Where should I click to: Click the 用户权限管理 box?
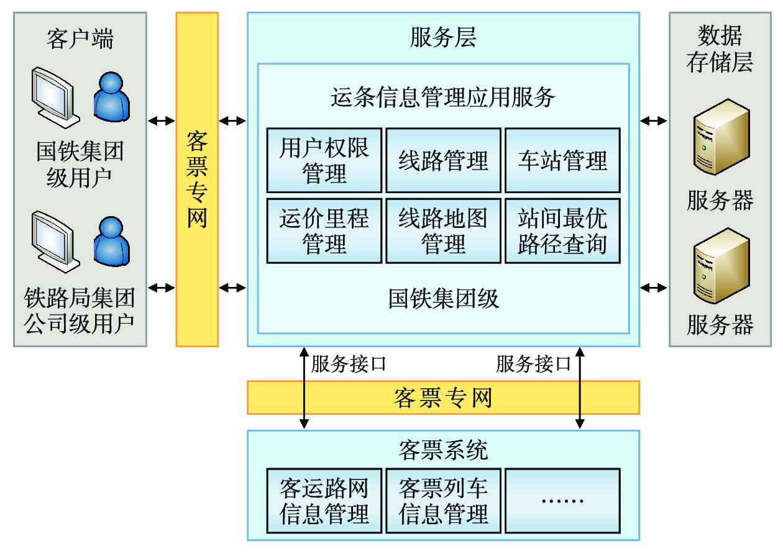pos(324,160)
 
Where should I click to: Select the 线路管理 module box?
pos(443,160)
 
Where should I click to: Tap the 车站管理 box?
pos(562,160)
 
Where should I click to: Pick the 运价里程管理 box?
pos(324,230)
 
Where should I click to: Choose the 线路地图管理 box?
pos(443,230)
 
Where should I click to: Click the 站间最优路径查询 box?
pos(562,230)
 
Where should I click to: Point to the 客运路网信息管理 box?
pos(324,501)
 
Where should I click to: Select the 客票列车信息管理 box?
pos(443,501)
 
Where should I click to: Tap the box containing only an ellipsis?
pos(562,501)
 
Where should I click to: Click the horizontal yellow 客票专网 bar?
pos(443,397)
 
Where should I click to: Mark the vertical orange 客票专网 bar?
pos(197,179)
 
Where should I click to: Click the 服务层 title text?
pos(443,39)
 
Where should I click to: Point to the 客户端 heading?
pos(80,39)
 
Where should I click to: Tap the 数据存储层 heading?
pos(720,48)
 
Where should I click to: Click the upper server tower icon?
pos(721,137)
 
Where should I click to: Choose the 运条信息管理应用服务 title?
pos(443,97)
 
